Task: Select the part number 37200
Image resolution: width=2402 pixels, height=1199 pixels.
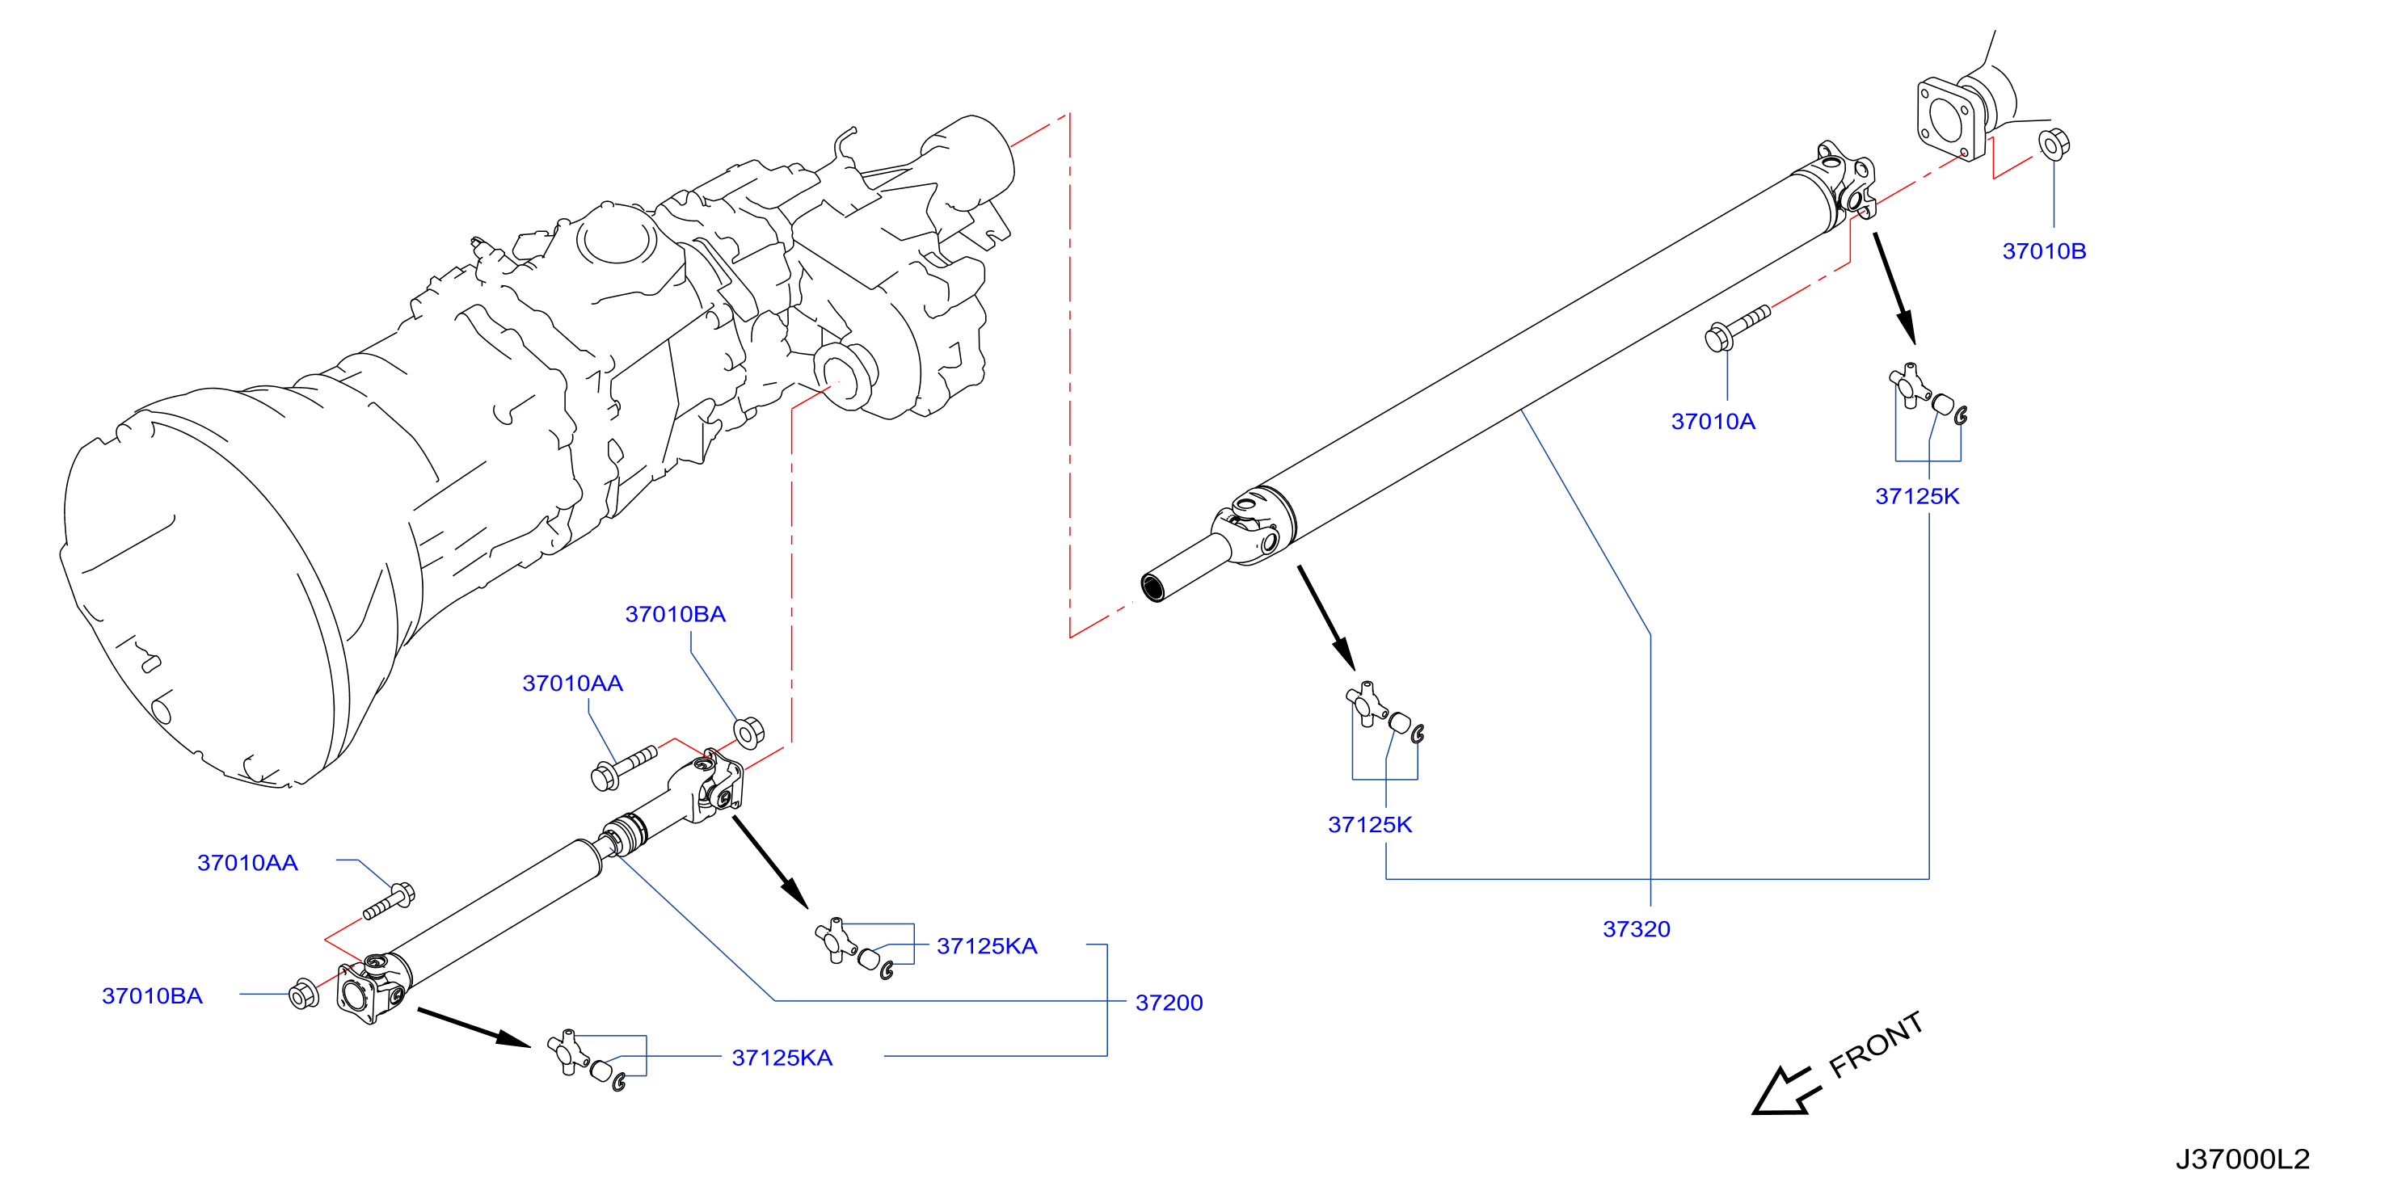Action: pos(1169,1003)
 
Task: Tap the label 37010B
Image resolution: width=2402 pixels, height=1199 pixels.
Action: pos(2044,250)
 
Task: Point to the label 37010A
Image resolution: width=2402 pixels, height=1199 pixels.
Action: pos(1713,422)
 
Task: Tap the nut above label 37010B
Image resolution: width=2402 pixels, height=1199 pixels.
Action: pos(2054,145)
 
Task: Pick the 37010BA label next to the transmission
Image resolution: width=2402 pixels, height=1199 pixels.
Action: pos(675,614)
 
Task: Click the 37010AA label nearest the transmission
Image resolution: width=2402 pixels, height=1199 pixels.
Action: pos(572,684)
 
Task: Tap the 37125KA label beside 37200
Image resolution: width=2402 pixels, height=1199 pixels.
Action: pos(987,946)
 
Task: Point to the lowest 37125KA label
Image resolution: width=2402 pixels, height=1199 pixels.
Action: pos(782,1058)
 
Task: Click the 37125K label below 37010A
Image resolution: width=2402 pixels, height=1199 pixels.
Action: pos(1917,496)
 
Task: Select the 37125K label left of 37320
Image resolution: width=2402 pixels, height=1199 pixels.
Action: pos(1370,824)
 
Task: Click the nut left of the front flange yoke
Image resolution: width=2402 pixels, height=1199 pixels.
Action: pos(304,994)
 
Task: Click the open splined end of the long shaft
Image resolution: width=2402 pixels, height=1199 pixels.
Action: pos(1153,588)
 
